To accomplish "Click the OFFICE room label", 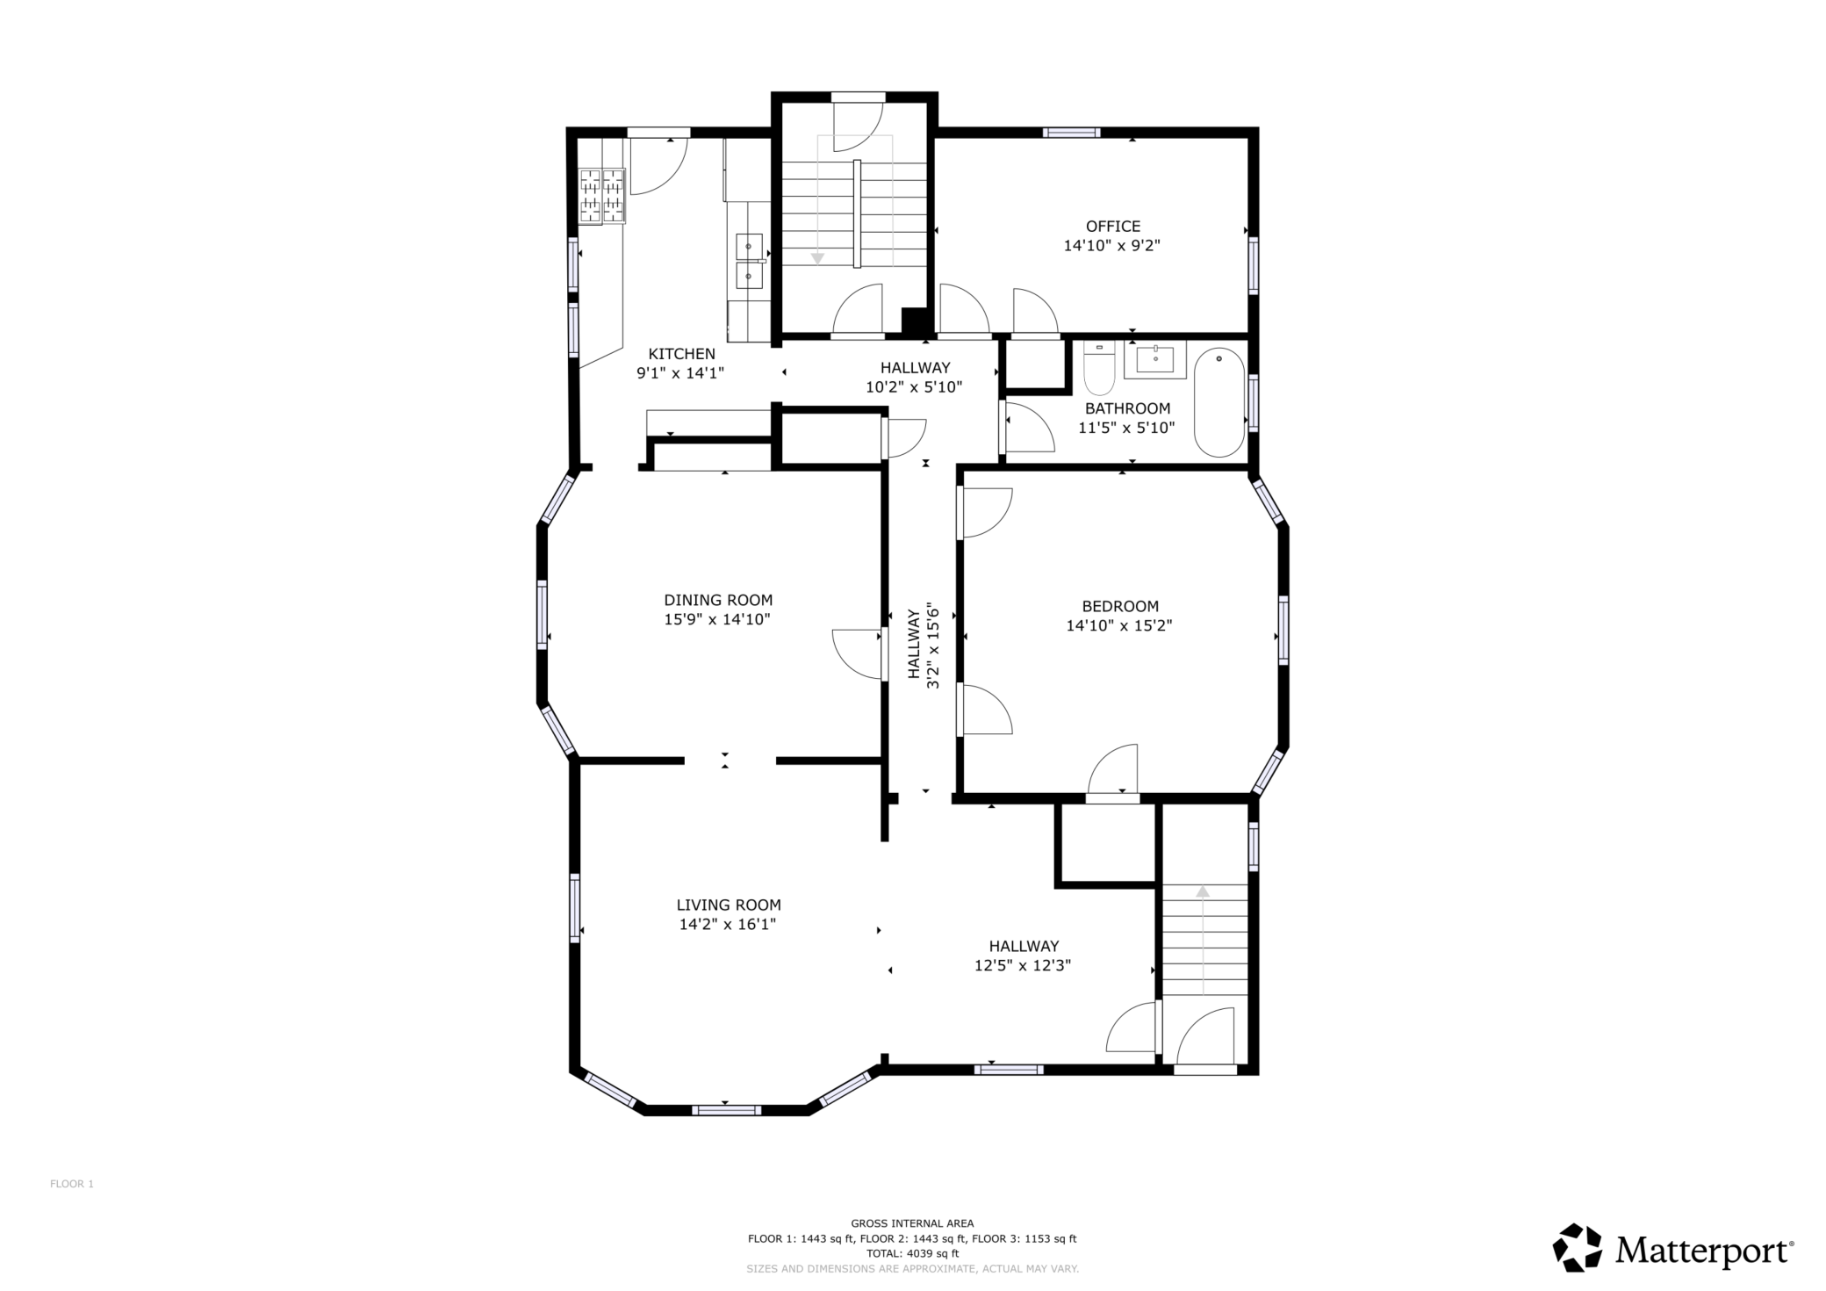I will (x=1112, y=227).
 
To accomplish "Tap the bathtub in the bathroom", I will (x=1219, y=402).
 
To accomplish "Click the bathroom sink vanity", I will (x=1154, y=359).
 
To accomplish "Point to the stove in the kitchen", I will (x=602, y=196).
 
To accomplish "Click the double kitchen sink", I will (x=749, y=262).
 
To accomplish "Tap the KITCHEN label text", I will (x=681, y=354).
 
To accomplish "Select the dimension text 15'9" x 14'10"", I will (x=717, y=620).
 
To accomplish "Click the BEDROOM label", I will (x=1119, y=606).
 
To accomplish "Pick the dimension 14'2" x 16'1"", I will (x=728, y=925).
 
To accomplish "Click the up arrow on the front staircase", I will (x=1203, y=891).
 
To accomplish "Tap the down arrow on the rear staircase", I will (x=817, y=258).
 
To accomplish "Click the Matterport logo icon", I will (x=1578, y=1247).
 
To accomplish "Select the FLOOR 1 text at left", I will (x=72, y=1184).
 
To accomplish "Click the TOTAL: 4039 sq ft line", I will (x=912, y=1254).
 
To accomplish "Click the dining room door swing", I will (x=858, y=654).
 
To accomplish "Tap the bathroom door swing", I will (x=1028, y=428).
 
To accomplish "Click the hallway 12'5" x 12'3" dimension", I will (x=1023, y=966).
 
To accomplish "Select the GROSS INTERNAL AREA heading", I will (x=912, y=1223).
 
